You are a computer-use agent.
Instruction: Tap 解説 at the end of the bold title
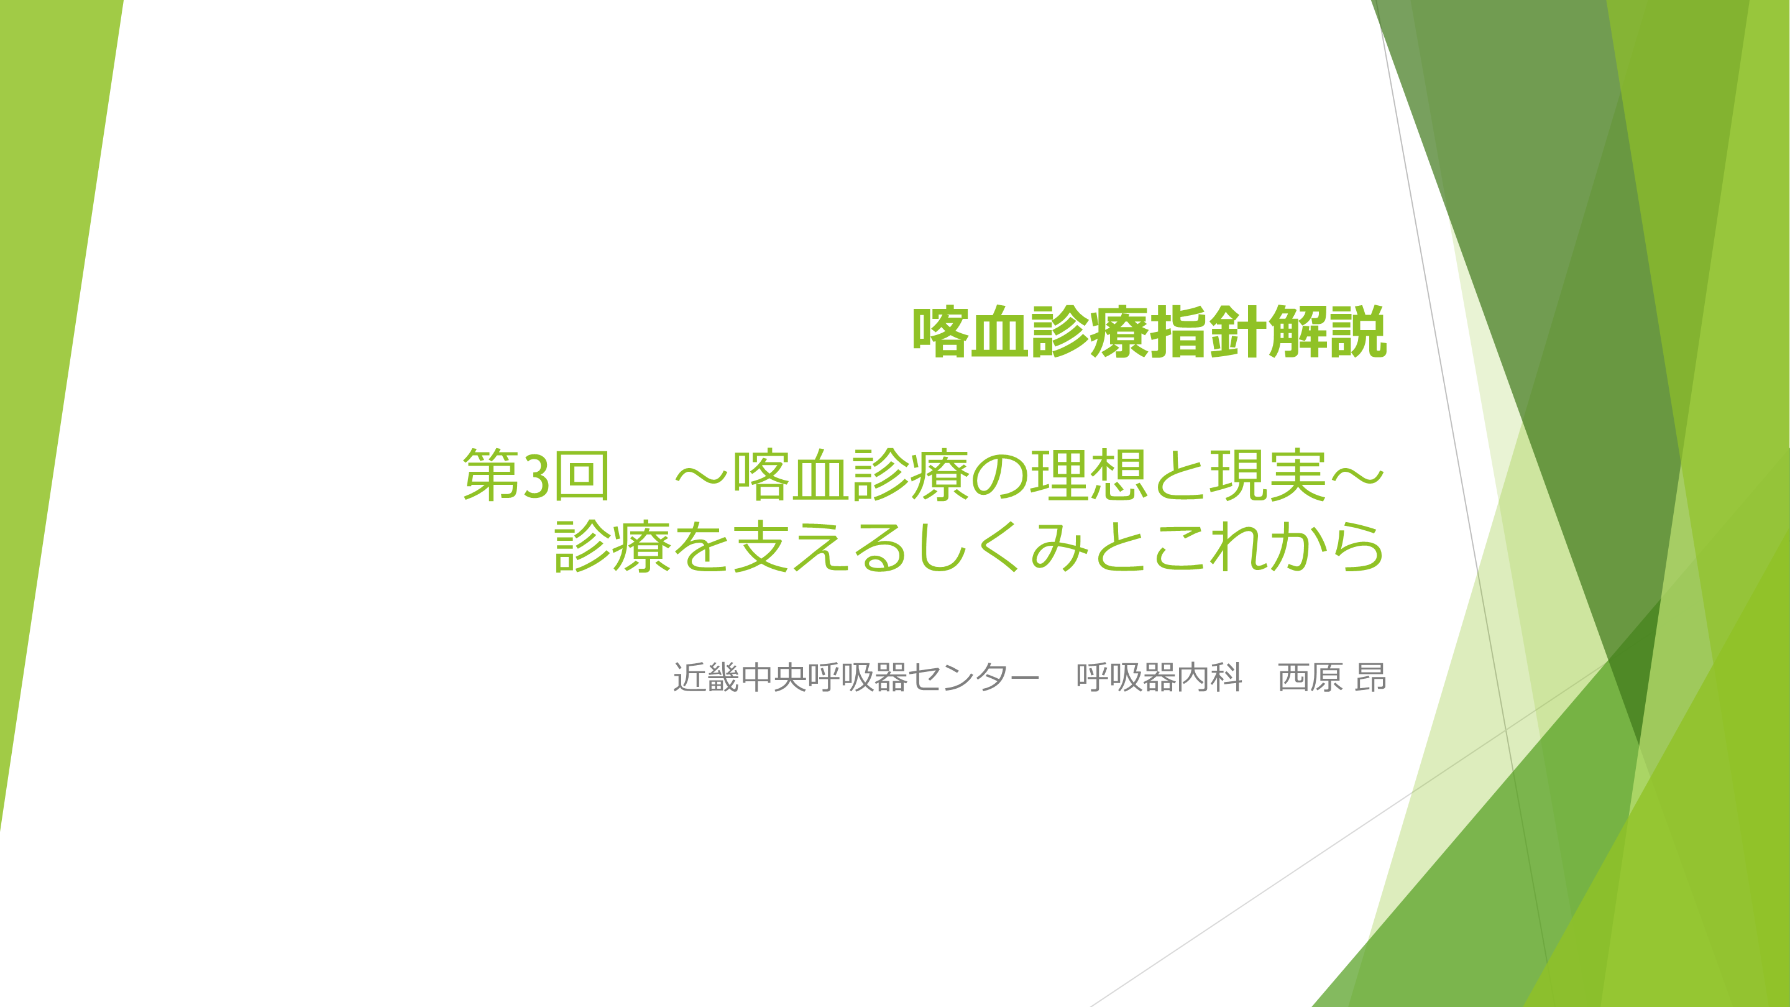pyautogui.click(x=1328, y=332)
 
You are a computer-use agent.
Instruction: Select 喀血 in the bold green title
pyautogui.click(x=971, y=332)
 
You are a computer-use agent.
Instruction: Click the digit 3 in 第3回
pyautogui.click(x=536, y=476)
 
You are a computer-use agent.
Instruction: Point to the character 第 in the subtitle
pyautogui.click(x=490, y=476)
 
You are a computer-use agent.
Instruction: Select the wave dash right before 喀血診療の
pyautogui.click(x=701, y=477)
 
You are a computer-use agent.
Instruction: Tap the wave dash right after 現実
pyautogui.click(x=1357, y=477)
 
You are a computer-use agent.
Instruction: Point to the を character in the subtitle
pyautogui.click(x=701, y=547)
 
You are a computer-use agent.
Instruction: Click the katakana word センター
pyautogui.click(x=973, y=678)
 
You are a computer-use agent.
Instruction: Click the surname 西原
pyautogui.click(x=1310, y=678)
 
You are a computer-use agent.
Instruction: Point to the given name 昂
pyautogui.click(x=1371, y=678)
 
